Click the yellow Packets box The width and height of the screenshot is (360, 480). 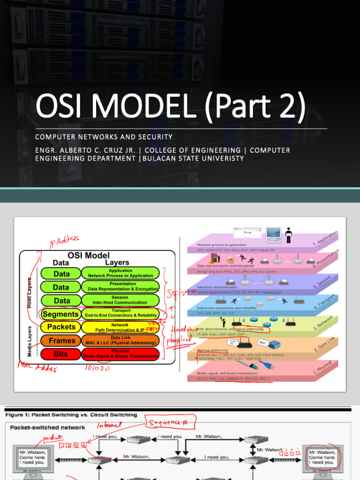click(x=61, y=327)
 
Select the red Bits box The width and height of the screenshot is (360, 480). click(x=61, y=354)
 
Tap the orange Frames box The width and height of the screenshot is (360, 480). click(x=61, y=341)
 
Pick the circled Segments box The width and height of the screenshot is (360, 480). click(x=61, y=314)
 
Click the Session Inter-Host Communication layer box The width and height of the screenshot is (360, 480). click(x=120, y=300)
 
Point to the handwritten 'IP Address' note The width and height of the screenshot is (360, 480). click(x=64, y=241)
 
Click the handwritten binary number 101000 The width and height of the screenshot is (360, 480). click(x=97, y=368)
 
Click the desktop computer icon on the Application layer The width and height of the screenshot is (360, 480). click(x=273, y=234)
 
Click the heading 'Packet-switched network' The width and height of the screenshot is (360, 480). click(x=48, y=427)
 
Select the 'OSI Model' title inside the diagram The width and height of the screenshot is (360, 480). click(x=89, y=255)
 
